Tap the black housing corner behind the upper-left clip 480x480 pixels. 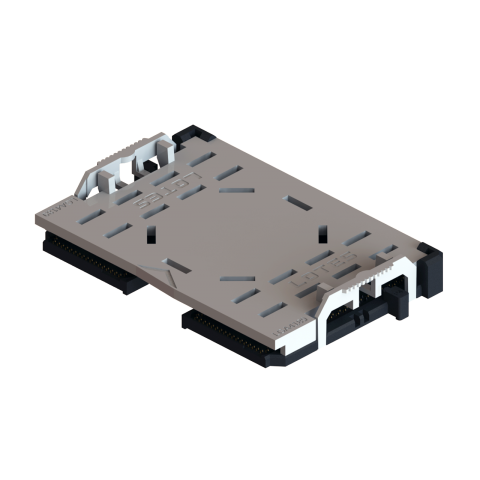point(190,135)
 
